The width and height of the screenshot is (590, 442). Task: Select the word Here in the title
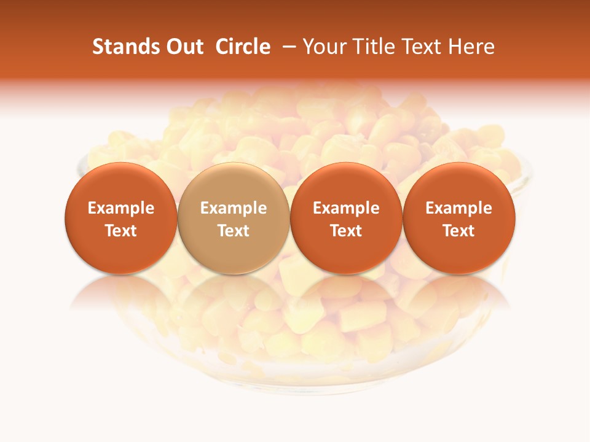point(472,47)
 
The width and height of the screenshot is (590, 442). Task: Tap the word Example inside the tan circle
point(234,208)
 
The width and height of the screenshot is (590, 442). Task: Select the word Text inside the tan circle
point(234,231)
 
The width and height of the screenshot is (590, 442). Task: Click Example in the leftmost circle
point(121,208)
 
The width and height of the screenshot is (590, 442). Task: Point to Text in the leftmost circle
point(121,231)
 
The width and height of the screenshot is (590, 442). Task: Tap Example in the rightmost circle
point(459,208)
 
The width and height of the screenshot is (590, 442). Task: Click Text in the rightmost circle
point(459,231)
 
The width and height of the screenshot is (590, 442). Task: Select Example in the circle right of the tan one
point(346,208)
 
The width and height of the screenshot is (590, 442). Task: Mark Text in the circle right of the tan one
point(346,231)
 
